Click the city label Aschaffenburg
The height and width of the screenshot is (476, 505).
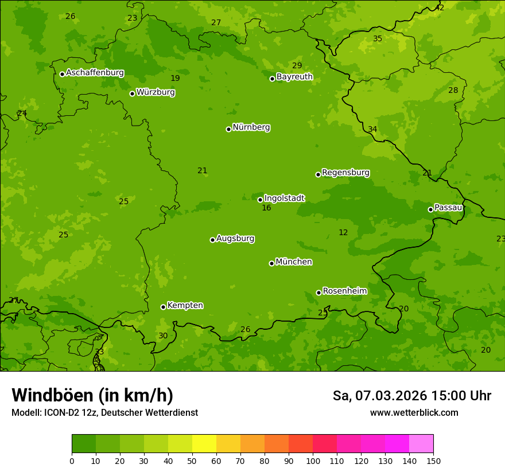coord(95,73)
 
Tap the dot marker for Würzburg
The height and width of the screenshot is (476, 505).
coord(132,93)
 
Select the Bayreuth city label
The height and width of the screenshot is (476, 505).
coord(294,77)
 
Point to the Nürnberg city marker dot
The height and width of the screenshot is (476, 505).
coord(228,129)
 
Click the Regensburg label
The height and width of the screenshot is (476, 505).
coord(345,173)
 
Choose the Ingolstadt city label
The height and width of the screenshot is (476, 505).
coord(284,198)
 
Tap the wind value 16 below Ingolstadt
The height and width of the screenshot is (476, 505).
coord(266,208)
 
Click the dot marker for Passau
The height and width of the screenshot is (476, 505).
coord(430,209)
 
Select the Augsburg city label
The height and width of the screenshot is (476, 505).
coord(235,239)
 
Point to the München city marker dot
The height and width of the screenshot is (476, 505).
coord(271,263)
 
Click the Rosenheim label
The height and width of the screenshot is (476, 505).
coord(344,291)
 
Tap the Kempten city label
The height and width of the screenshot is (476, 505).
coord(185,306)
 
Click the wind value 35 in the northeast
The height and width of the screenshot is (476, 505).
coord(377,38)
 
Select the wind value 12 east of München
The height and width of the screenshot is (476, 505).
coord(343,232)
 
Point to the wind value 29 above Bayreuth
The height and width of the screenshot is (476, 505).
coord(297,65)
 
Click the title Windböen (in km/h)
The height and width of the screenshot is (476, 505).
coord(92,395)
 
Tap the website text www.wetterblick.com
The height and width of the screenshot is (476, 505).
coord(414,412)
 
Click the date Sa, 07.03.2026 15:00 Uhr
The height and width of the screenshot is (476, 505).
coord(411,396)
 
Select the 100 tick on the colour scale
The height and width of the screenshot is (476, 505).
coord(313,461)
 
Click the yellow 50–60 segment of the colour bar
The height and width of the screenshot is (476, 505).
coord(204,443)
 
